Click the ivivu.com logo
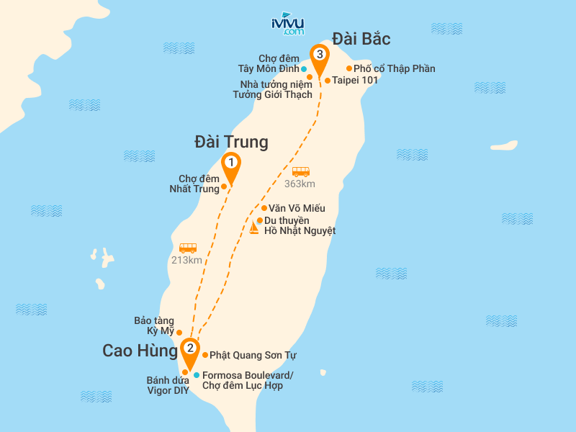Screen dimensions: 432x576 (287, 24)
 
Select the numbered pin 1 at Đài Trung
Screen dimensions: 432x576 (230, 163)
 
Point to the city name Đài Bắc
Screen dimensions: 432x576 (361, 38)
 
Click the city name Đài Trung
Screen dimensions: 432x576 (231, 142)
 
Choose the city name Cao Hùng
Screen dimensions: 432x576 (140, 351)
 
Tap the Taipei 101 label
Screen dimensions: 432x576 (355, 81)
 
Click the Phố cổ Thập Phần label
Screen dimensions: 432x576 (394, 69)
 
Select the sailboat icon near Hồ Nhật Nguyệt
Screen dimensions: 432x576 (253, 228)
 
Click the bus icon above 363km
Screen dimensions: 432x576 (300, 172)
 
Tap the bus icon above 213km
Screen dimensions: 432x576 (188, 248)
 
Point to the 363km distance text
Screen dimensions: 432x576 (300, 184)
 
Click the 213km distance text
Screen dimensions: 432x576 (186, 260)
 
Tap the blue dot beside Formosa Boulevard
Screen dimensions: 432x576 (197, 375)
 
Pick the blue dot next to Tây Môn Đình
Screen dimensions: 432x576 (304, 69)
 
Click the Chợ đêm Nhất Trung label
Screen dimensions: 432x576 (199, 184)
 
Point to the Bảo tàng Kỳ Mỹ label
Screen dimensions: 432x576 (154, 326)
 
